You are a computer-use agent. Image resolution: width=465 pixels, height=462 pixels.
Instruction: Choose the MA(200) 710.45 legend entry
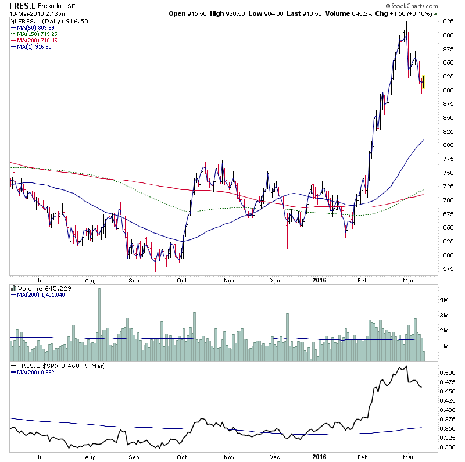point(41,41)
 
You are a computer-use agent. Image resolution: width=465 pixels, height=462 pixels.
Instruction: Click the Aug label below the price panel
point(90,280)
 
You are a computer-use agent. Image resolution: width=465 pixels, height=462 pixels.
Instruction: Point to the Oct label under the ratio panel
point(181,457)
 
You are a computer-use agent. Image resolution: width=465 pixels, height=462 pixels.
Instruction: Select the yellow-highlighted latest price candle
point(423,82)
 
